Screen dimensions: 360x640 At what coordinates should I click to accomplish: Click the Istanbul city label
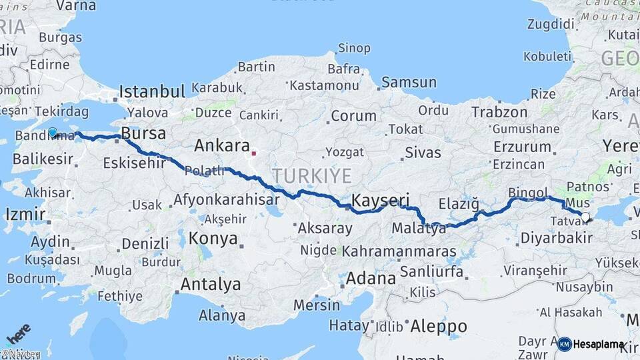click(x=152, y=92)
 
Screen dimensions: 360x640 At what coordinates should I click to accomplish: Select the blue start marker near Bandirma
click(x=53, y=132)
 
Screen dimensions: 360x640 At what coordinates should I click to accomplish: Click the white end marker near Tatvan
click(x=585, y=217)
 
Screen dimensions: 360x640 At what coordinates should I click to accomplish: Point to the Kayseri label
click(x=380, y=201)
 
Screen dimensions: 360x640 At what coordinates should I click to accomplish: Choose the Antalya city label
click(x=211, y=285)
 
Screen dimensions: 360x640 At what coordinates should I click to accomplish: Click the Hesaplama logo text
click(x=599, y=345)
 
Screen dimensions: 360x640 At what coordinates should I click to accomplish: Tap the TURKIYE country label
click(x=311, y=176)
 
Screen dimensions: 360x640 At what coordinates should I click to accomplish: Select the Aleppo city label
click(x=438, y=327)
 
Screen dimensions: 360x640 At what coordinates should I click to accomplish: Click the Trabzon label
click(x=499, y=112)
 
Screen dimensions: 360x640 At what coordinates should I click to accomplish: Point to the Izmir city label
click(x=24, y=215)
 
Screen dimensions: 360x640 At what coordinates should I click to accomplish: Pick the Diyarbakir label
click(x=556, y=237)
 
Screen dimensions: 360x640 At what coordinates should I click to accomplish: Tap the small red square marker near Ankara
click(x=253, y=153)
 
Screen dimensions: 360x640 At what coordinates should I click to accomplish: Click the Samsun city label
click(x=409, y=83)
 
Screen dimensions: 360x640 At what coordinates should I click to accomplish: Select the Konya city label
click(x=213, y=239)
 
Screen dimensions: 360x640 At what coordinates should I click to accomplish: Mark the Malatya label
click(x=419, y=229)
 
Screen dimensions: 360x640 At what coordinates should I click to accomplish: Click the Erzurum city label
click(x=522, y=147)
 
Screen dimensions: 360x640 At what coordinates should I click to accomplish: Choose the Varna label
click(x=76, y=5)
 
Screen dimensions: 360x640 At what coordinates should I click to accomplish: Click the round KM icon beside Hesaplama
click(x=565, y=344)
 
